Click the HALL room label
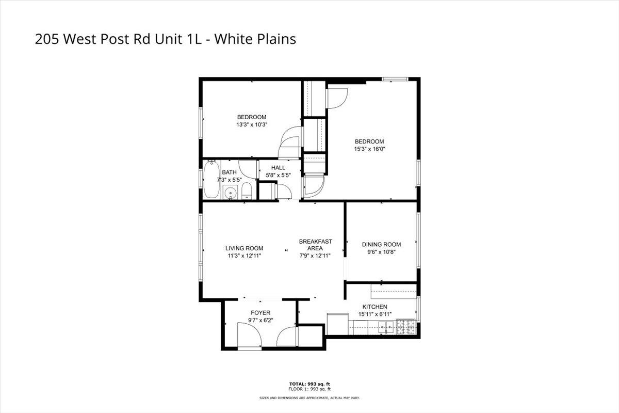(278, 168)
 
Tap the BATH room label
(229, 172)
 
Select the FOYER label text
(260, 313)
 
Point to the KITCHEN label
(374, 307)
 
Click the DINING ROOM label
(381, 245)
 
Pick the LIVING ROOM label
(244, 248)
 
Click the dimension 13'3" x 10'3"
(252, 124)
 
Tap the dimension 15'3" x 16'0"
(369, 149)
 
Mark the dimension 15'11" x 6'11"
(374, 314)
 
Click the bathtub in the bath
(210, 181)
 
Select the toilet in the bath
(246, 191)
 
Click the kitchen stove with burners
(405, 326)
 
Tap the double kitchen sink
(385, 326)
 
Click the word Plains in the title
(276, 39)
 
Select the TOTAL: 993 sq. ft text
(309, 384)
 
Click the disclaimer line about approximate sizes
(309, 398)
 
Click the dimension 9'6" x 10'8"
(381, 252)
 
